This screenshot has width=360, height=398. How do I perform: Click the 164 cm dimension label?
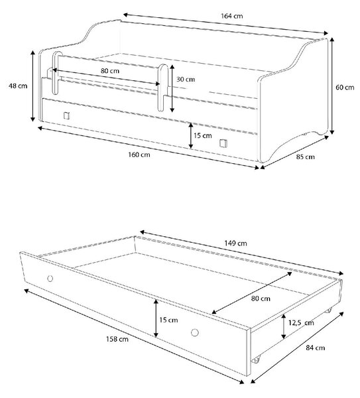tap(231, 16)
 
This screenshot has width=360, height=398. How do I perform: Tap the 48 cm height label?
tap(18, 86)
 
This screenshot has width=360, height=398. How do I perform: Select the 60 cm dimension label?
tap(345, 88)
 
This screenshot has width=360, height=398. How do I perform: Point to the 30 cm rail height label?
tap(186, 79)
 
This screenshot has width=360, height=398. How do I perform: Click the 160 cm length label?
tap(139, 155)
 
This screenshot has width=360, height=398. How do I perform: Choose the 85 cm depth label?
tap(306, 157)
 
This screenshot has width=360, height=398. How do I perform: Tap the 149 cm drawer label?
tap(235, 243)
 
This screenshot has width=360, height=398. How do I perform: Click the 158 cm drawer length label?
tap(117, 339)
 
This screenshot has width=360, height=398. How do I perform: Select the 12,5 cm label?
tap(301, 322)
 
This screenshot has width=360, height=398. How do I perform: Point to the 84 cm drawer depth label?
tap(316, 348)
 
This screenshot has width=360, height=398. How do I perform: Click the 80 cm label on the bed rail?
tap(110, 71)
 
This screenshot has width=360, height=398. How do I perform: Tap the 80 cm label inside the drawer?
tap(261, 298)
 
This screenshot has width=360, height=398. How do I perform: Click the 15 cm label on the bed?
tap(202, 135)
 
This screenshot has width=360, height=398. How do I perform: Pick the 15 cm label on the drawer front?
tap(168, 320)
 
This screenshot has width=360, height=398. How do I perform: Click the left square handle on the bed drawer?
tap(66, 115)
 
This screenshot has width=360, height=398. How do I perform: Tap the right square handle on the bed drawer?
tap(223, 143)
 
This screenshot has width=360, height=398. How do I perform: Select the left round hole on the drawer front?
tap(50, 279)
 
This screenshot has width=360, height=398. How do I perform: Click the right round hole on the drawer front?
tap(195, 332)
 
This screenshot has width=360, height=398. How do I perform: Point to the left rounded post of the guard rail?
tap(57, 73)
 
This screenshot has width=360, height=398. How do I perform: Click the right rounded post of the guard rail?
tap(162, 88)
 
